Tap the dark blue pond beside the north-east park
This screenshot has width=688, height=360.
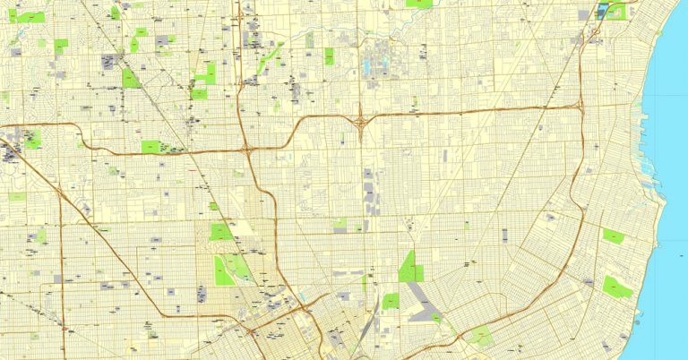tap(602, 11)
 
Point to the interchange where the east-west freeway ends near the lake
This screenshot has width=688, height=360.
tap(580, 107)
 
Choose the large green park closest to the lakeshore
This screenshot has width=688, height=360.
tap(616, 287)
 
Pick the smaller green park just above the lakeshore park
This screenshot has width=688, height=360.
tap(613, 236)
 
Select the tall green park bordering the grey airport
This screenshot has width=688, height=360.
tap(410, 267)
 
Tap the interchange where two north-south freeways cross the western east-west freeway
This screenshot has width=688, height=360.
tap(246, 148)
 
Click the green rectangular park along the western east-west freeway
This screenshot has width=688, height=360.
tap(150, 147)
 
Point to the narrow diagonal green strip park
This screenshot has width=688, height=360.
tap(266, 61)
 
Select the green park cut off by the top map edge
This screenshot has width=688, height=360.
tap(417, 4)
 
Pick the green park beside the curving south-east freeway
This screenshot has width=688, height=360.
tap(479, 338)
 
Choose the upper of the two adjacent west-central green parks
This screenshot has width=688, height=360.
tap(220, 232)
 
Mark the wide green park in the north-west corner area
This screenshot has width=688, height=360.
tap(31, 17)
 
